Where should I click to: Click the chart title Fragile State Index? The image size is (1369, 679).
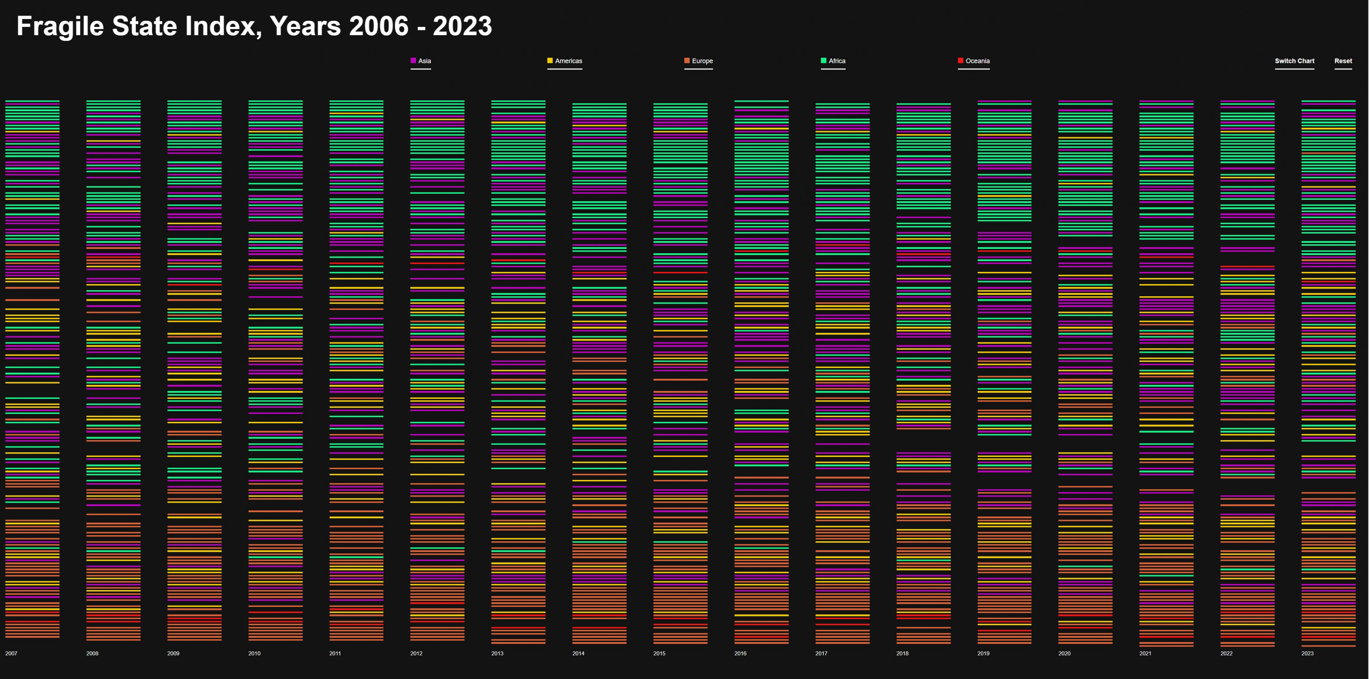pyautogui.click(x=254, y=26)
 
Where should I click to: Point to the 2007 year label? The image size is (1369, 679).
pyautogui.click(x=11, y=653)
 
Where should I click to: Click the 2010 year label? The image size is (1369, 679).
pyautogui.click(x=254, y=653)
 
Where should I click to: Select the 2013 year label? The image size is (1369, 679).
pyautogui.click(x=497, y=653)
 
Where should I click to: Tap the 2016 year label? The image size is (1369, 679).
pyautogui.click(x=740, y=653)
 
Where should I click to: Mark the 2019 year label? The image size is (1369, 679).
pyautogui.click(x=983, y=653)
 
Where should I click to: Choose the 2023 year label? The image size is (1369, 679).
pyautogui.click(x=1307, y=653)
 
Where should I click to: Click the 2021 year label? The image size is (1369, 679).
pyautogui.click(x=1145, y=653)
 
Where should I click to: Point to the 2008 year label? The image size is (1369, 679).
pyautogui.click(x=92, y=653)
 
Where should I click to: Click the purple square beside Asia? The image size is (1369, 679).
pyautogui.click(x=413, y=61)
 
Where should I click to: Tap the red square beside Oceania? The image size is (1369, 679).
pyautogui.click(x=960, y=61)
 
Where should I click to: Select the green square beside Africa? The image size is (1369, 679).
pyautogui.click(x=824, y=61)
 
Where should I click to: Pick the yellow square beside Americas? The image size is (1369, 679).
pyautogui.click(x=550, y=61)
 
